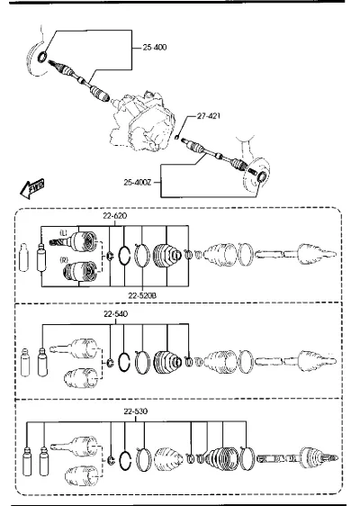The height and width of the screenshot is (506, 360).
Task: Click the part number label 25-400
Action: [x=155, y=48]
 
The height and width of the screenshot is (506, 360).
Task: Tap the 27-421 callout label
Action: [x=209, y=116]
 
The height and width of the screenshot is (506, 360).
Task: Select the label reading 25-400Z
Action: [x=138, y=183]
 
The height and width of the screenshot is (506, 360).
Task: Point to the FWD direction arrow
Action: [x=32, y=188]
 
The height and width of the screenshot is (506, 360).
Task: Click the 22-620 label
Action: [x=115, y=215]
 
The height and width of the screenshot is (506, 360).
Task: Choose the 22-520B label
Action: [x=142, y=295]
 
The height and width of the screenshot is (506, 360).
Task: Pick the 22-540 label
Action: [x=115, y=313]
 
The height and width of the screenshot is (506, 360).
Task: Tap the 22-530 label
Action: [x=136, y=411]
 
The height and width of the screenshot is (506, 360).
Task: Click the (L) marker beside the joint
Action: [x=63, y=232]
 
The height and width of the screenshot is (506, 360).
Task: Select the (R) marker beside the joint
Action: [x=64, y=259]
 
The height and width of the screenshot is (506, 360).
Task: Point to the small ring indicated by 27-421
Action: [x=177, y=137]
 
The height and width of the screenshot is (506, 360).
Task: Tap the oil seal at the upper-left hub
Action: [x=43, y=57]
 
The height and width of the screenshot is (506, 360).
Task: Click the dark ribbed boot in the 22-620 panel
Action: [x=166, y=255]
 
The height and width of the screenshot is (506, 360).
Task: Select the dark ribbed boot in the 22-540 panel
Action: [x=167, y=362]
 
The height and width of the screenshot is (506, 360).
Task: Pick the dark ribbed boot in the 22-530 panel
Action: [x=222, y=458]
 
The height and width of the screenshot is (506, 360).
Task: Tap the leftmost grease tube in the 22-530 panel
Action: [x=27, y=461]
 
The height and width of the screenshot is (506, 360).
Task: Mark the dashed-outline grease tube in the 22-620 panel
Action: [x=23, y=258]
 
